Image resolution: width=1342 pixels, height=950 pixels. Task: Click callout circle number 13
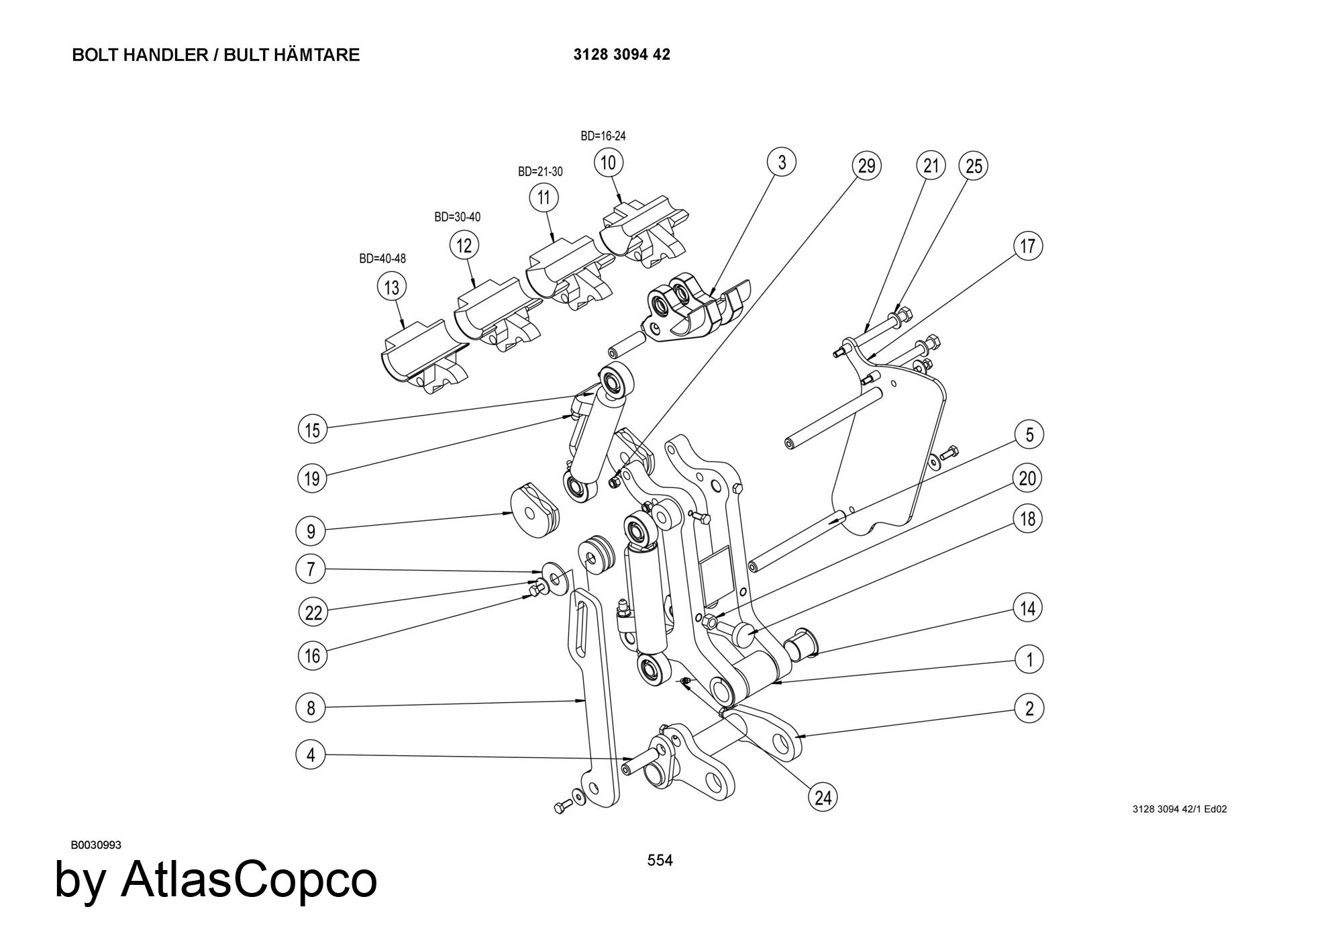(x=392, y=287)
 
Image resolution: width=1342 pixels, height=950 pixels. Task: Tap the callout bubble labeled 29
(x=866, y=165)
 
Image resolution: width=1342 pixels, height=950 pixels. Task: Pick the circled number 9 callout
(x=311, y=532)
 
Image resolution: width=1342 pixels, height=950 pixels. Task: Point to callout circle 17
(x=1028, y=246)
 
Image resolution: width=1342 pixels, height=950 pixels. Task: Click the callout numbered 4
(x=311, y=755)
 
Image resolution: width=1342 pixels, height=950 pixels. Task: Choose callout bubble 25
(x=974, y=165)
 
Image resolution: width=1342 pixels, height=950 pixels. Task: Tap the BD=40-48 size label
(x=382, y=258)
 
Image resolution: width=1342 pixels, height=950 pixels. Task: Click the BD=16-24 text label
(x=603, y=136)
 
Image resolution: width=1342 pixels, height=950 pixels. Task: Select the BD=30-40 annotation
(x=457, y=217)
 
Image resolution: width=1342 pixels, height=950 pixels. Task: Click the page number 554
(x=660, y=860)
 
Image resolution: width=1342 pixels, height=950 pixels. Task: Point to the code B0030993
(x=96, y=845)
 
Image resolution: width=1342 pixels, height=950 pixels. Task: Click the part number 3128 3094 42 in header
(x=621, y=55)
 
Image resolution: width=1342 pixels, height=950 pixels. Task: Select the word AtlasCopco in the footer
(x=248, y=880)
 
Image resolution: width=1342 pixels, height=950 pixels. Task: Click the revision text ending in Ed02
(x=1180, y=809)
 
